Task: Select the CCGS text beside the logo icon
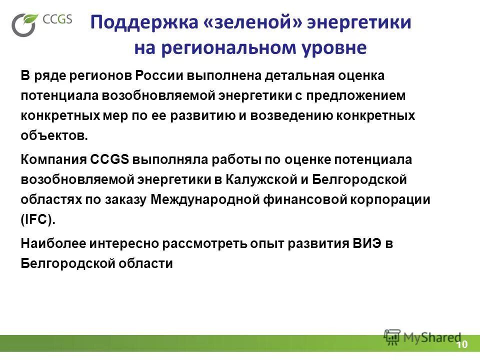[x=58, y=19]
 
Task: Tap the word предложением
[x=360, y=95]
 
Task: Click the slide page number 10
[x=461, y=345]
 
